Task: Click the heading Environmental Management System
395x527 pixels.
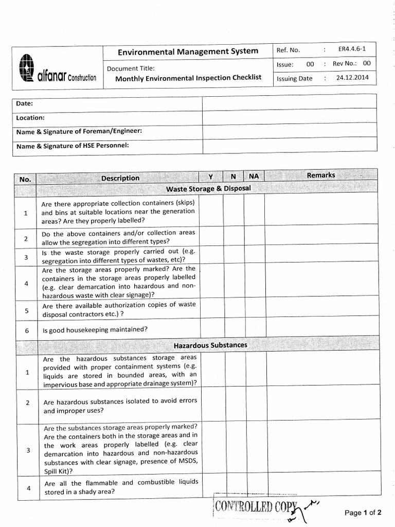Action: point(188,51)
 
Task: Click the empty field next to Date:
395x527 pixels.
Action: point(289,103)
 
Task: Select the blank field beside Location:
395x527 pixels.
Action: point(289,117)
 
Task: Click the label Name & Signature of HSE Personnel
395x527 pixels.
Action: point(73,146)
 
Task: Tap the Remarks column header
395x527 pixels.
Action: point(320,175)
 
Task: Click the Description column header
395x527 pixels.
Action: point(120,178)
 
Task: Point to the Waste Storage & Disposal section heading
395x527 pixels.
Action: point(208,188)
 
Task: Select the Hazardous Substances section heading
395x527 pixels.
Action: point(209,345)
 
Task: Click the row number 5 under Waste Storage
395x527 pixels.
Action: point(26,310)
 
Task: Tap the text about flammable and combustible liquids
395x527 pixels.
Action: point(119,487)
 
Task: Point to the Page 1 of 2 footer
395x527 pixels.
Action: point(363,513)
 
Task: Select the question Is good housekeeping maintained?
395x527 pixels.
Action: point(95,329)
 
